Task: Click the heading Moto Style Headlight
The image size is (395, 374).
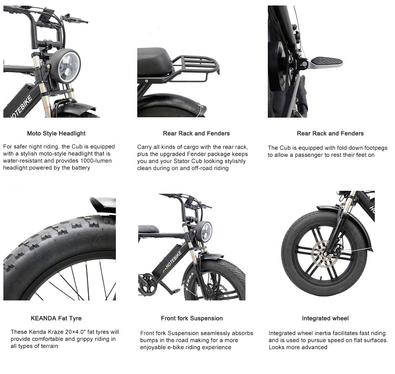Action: [x=56, y=134]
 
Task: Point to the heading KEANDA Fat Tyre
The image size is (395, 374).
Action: [x=56, y=319]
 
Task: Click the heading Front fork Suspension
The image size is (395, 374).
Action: [x=192, y=319]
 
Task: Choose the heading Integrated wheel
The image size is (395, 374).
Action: [x=325, y=319]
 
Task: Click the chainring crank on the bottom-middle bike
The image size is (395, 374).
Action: [x=147, y=285]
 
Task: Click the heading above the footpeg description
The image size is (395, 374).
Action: [x=330, y=134]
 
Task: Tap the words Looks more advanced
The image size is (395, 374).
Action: [x=298, y=347]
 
